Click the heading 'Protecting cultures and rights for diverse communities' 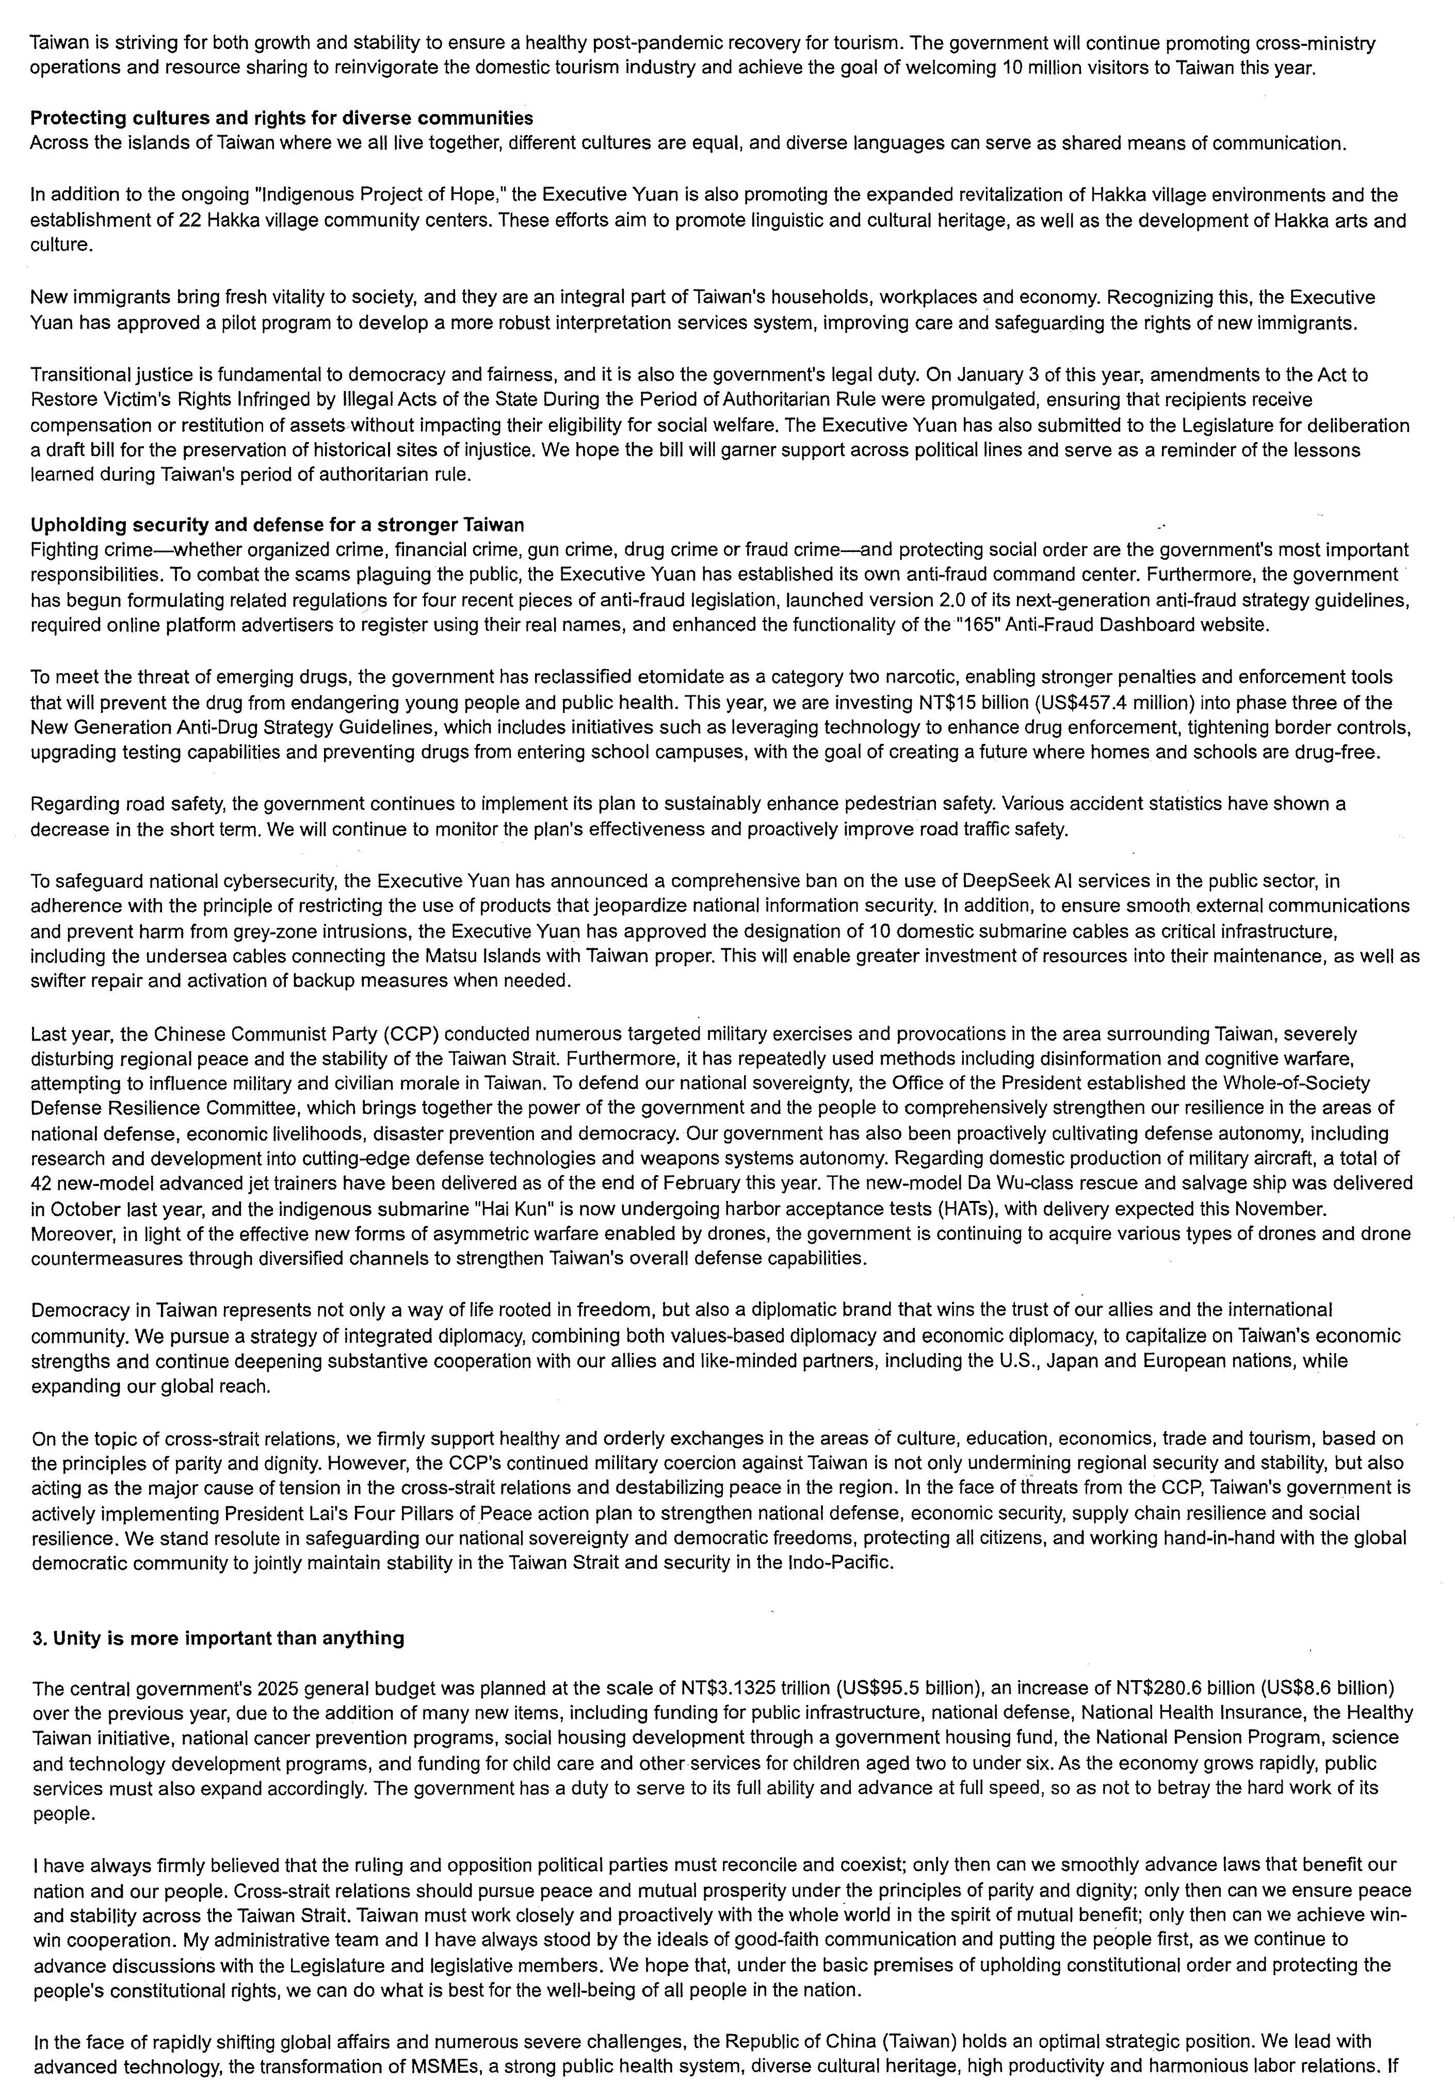tap(282, 118)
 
